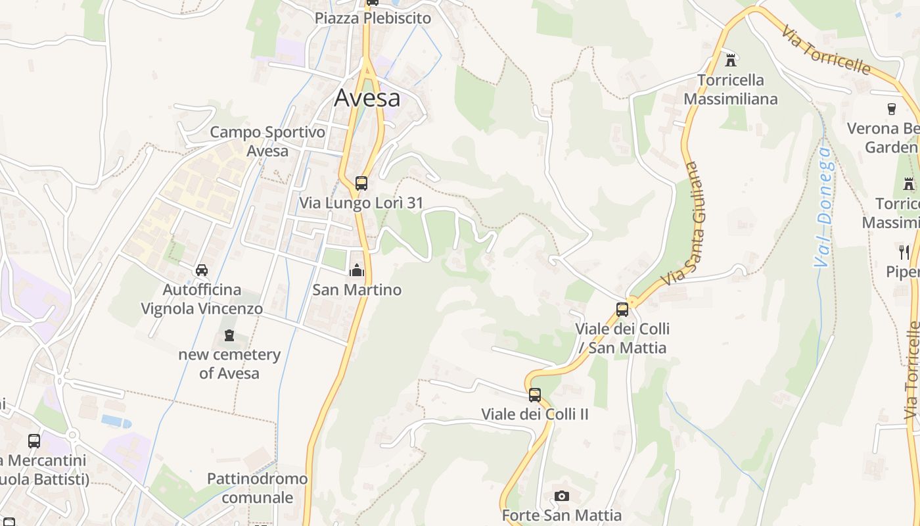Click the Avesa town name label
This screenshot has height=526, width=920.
(x=367, y=98)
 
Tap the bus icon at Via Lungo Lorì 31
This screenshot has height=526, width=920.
(x=361, y=183)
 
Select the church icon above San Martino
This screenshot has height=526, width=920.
(x=356, y=270)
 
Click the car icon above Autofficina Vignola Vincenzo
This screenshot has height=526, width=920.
(x=202, y=270)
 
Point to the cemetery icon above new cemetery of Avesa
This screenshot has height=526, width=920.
(x=229, y=335)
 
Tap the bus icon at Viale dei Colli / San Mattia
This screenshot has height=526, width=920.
(x=622, y=309)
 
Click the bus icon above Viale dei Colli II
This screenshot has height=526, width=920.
(x=535, y=395)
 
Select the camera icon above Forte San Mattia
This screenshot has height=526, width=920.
(x=561, y=496)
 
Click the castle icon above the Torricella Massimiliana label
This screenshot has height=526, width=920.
(x=730, y=60)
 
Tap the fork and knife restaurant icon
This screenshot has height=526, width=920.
(x=904, y=252)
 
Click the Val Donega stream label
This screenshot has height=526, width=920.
(x=823, y=207)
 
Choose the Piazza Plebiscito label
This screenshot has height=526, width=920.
(x=373, y=18)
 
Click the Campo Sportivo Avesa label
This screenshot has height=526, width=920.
(x=267, y=141)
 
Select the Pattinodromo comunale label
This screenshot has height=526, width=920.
(x=257, y=488)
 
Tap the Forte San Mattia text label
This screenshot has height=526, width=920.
(x=561, y=515)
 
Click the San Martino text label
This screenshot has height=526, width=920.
(x=356, y=289)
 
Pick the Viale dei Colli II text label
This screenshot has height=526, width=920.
(x=535, y=414)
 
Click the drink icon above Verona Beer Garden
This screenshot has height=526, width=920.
(x=892, y=109)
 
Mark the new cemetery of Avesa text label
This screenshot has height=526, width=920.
(x=229, y=364)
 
